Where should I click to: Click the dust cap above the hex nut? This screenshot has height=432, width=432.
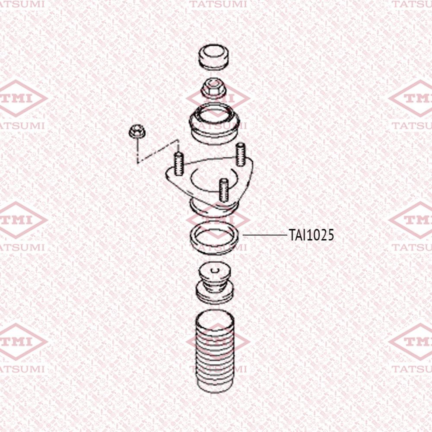(x=214, y=57)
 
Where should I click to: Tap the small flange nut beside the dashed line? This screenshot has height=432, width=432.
(x=137, y=131)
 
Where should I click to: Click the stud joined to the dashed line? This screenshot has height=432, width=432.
(x=178, y=164)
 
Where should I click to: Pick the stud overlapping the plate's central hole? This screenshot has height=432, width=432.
(x=224, y=190)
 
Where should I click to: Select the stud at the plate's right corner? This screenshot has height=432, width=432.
(x=241, y=154)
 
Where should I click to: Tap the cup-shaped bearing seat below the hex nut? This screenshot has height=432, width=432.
(x=214, y=124)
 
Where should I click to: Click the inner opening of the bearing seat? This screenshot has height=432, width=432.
(x=215, y=114)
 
